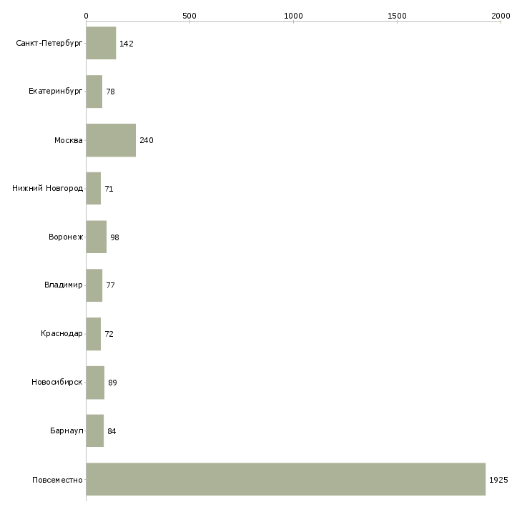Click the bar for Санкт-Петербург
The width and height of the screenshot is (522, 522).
pos(102,43)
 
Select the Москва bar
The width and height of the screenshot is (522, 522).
pos(111,140)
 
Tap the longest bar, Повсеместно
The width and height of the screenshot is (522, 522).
pos(286,479)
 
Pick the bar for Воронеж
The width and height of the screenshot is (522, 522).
pos(97,237)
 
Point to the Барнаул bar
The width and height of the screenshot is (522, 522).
pos(95,430)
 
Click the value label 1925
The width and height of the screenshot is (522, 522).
pos(498,480)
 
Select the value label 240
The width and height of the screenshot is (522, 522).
pos(147,140)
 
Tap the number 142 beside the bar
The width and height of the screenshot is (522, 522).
pos(127,44)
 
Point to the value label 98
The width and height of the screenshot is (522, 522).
pos(115,237)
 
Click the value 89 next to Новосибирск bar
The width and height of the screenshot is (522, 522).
pos(112,383)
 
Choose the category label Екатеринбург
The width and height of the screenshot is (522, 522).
pos(55,92)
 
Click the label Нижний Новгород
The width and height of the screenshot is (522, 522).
pos(47,188)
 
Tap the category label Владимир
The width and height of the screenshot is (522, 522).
pos(63,285)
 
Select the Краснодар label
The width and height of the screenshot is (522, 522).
pos(61,333)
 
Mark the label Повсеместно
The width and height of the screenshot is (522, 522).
pos(57,480)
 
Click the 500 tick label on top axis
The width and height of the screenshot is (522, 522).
pos(189,16)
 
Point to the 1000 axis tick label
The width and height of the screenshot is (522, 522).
pos(294,16)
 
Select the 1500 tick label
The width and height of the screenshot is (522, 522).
pos(397,16)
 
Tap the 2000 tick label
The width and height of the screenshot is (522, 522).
pos(501,16)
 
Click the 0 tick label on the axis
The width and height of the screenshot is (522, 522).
pos(87,16)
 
